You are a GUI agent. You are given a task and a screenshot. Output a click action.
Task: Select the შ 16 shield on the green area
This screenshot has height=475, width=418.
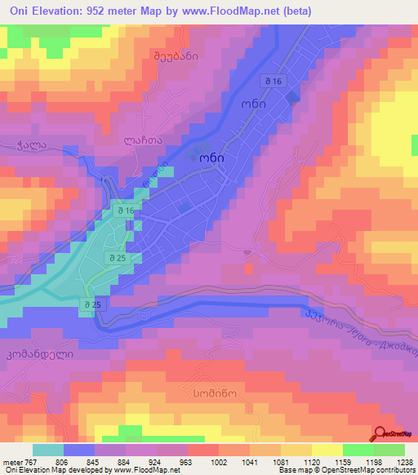122,211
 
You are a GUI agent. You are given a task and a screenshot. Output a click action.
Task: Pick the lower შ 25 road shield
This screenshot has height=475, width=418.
92,304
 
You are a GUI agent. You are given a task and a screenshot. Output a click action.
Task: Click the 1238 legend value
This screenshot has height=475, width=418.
403,460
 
